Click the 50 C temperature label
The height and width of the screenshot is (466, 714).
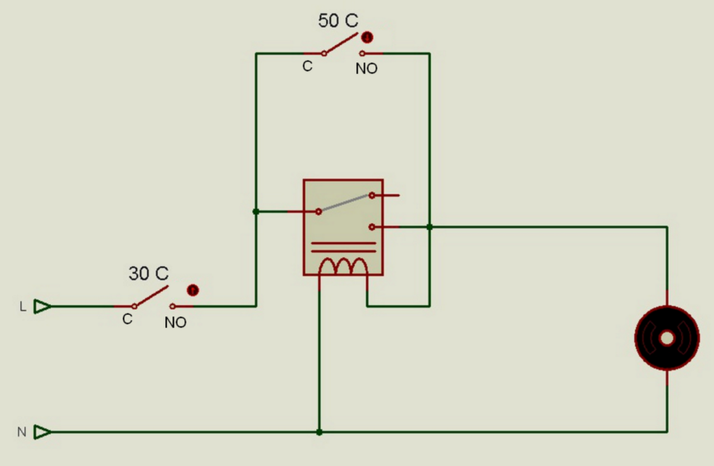coord(338,21)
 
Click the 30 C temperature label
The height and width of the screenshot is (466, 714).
coord(148,273)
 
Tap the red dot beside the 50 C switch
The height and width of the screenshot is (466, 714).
coord(367,37)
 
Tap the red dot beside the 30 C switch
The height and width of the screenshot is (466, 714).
coord(192,290)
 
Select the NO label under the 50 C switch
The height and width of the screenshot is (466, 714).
coord(366,69)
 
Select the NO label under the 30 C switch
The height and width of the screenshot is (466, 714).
coord(175,323)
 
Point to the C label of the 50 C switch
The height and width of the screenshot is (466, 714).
coord(307,66)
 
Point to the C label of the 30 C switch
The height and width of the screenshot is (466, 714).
coord(127,319)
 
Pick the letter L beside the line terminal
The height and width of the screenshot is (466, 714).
coord(23,307)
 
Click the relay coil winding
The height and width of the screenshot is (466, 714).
coord(343,266)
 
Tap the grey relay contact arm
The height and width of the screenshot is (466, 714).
coord(345,203)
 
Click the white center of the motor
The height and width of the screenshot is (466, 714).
coord(667,338)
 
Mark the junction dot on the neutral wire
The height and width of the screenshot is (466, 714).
coord(319,432)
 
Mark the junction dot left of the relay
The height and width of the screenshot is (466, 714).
coord(256,212)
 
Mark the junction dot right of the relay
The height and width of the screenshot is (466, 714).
coord(430,227)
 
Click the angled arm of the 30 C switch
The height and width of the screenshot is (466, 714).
coord(152,296)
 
